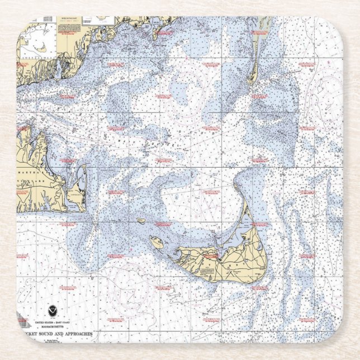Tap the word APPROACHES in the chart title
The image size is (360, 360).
point(75,334)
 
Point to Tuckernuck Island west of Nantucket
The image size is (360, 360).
point(157,242)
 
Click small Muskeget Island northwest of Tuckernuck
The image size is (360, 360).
point(140,221)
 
